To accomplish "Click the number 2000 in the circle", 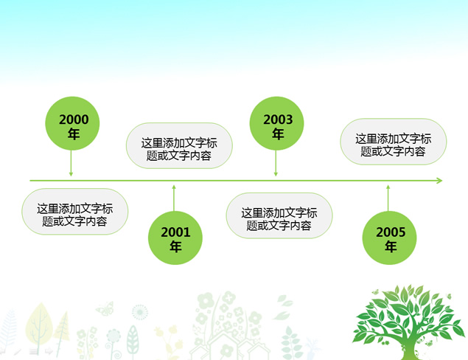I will pos(73,119).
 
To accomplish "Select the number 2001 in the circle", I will pos(175,232).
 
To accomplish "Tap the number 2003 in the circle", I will pos(278,120).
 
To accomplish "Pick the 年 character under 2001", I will pos(175,247).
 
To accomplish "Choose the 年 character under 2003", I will pos(278,134).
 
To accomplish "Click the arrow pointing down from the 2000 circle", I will pos(71,163).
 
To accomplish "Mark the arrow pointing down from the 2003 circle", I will pos(276,163).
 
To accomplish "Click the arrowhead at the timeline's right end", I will pos(439,180).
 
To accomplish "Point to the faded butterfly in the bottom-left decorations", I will pos(105,308).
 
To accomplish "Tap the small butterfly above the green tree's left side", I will pos(375,293).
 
